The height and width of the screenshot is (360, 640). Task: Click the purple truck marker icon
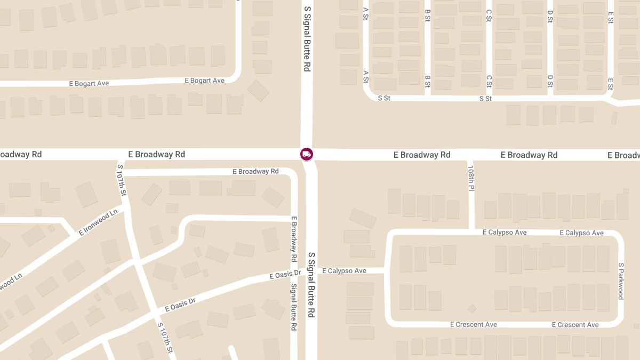(307, 154)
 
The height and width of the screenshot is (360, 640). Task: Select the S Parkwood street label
(621, 281)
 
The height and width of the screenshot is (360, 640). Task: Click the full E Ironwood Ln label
(98, 223)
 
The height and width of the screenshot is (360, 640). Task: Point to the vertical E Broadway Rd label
(293, 238)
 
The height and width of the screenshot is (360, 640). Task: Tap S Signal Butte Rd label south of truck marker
(311, 285)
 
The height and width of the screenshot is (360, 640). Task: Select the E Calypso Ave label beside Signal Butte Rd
(344, 271)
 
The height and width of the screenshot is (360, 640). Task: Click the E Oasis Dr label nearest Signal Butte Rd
(285, 275)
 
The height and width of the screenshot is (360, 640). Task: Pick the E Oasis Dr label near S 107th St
(180, 305)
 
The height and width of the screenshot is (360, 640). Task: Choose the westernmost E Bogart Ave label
(89, 83)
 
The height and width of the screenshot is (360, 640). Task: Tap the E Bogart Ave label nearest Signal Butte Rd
(204, 81)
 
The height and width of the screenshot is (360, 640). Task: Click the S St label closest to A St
(384, 98)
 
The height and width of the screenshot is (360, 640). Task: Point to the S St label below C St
(485, 99)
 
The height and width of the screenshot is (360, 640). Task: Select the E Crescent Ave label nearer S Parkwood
(575, 325)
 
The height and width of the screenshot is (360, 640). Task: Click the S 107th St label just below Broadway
(122, 180)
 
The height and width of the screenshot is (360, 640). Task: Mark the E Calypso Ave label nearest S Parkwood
(581, 233)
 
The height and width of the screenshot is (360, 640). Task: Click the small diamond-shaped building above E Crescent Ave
(472, 308)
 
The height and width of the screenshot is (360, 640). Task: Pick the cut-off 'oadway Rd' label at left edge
(21, 154)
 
